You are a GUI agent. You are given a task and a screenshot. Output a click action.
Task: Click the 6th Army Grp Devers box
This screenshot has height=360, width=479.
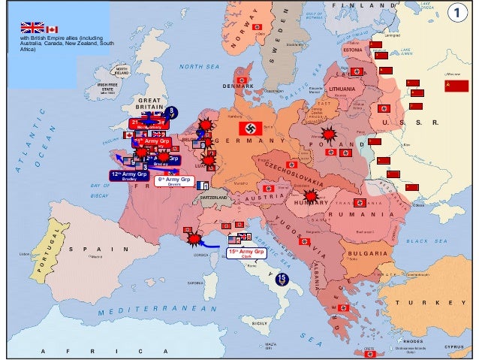click(173, 181)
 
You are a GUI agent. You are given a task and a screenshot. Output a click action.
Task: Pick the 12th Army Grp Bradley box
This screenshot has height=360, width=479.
click(128, 175)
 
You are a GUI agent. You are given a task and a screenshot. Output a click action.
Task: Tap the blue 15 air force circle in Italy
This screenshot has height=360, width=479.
click(281, 278)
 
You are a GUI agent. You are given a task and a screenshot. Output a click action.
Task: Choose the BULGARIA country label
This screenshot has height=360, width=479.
click(367, 254)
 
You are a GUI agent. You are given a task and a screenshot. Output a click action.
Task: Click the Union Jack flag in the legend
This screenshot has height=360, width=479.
click(32, 29)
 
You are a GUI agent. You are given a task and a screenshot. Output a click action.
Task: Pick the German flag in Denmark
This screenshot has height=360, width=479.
click(242, 79)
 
